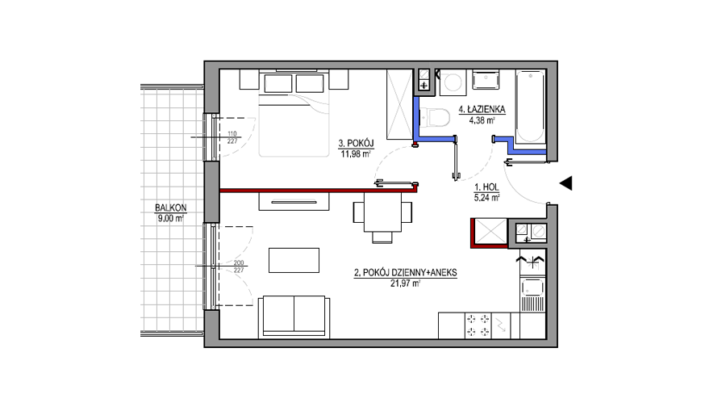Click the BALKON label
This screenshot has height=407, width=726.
[170, 208]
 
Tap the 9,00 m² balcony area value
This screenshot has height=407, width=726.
[171, 218]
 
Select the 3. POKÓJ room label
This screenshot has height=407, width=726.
[356, 144]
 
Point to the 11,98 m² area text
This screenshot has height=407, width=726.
[356, 154]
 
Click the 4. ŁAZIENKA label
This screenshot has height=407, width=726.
[482, 110]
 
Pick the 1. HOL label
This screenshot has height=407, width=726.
[486, 187]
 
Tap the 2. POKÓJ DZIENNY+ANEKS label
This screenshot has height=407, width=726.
[405, 273]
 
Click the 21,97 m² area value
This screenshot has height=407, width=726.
[405, 283]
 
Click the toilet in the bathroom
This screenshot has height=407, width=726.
[435, 117]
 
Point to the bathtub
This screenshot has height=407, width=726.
[530, 107]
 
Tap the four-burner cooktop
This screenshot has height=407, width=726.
[478, 325]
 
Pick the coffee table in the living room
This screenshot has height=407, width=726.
[294, 260]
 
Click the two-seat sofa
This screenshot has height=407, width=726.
[294, 317]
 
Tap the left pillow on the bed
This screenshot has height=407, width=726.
[278, 83]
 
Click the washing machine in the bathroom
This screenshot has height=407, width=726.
[452, 82]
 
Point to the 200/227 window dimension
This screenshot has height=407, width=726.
[239, 266]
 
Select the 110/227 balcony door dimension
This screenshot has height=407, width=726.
[232, 137]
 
